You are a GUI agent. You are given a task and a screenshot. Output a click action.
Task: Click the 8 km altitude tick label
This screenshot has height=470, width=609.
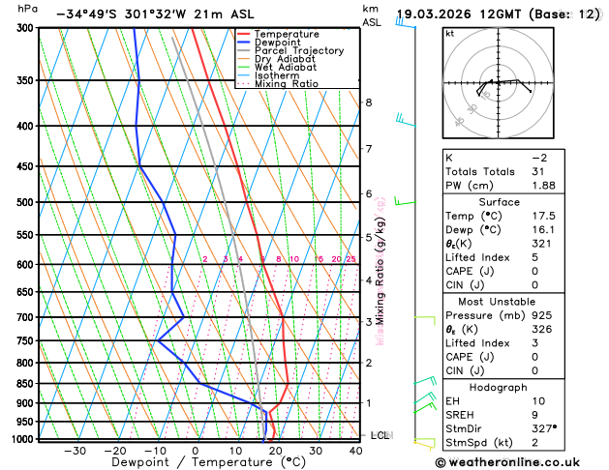tap(368, 103)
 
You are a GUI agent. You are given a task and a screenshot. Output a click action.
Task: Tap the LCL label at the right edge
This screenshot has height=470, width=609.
tap(380, 435)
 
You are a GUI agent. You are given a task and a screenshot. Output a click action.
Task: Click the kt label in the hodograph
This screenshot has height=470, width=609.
tap(449, 33)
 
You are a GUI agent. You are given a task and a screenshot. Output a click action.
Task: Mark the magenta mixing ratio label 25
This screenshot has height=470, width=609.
tap(351, 259)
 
